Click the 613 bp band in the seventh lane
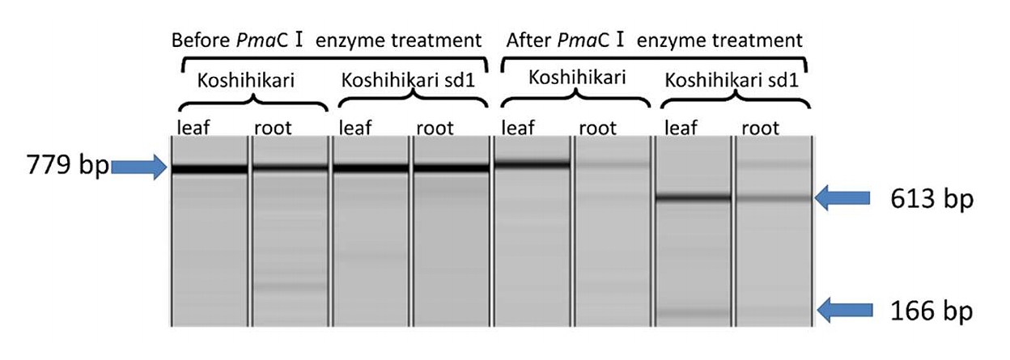tap(693, 197)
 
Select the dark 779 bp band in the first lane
tap(210, 169)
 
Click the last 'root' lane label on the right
tap(760, 128)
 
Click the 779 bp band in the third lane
tap(371, 168)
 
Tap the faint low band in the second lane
tap(290, 286)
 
